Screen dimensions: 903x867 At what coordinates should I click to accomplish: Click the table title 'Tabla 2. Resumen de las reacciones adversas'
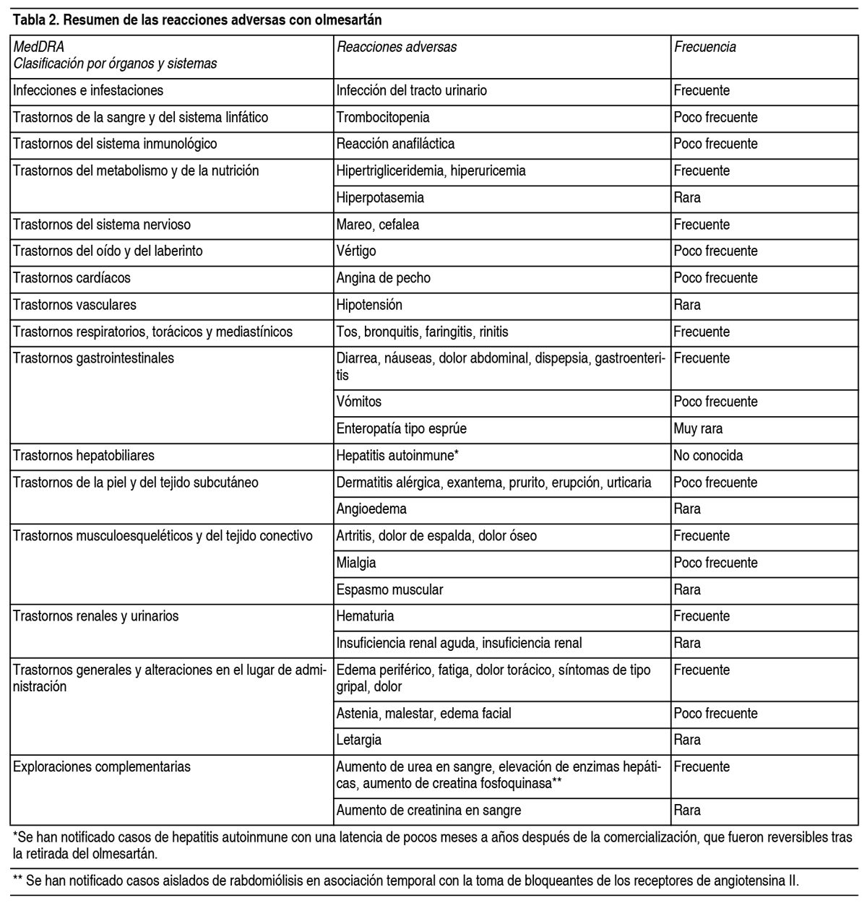coord(197,20)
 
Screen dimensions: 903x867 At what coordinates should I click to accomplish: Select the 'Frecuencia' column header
coord(704,47)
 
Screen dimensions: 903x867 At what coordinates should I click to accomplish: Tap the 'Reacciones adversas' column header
coord(397,47)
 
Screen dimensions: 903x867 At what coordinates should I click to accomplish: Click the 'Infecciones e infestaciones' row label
coord(88,90)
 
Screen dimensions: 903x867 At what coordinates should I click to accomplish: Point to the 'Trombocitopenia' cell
coord(383,117)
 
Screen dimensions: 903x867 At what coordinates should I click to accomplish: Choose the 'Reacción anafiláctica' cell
coord(395,144)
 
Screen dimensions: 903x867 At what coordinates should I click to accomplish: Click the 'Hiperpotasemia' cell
coord(380,197)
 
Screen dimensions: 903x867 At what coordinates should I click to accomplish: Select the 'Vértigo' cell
coord(356,251)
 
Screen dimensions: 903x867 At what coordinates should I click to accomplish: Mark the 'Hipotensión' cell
coord(369,304)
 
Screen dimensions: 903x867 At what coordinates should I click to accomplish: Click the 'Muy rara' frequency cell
coord(698,428)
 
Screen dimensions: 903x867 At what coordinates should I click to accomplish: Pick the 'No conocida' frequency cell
coord(708,456)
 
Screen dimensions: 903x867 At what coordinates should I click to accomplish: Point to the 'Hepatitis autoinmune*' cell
coord(397,456)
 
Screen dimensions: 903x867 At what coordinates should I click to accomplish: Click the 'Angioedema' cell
coord(371,509)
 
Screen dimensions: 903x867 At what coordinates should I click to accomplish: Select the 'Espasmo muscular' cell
coord(389,589)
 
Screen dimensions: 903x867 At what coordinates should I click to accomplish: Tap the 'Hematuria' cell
coord(365,616)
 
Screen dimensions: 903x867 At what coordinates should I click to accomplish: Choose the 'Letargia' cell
coord(359,740)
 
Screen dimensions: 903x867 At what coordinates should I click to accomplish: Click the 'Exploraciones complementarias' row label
coord(102,766)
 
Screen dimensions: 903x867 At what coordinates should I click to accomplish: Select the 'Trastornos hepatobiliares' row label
coord(84,456)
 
